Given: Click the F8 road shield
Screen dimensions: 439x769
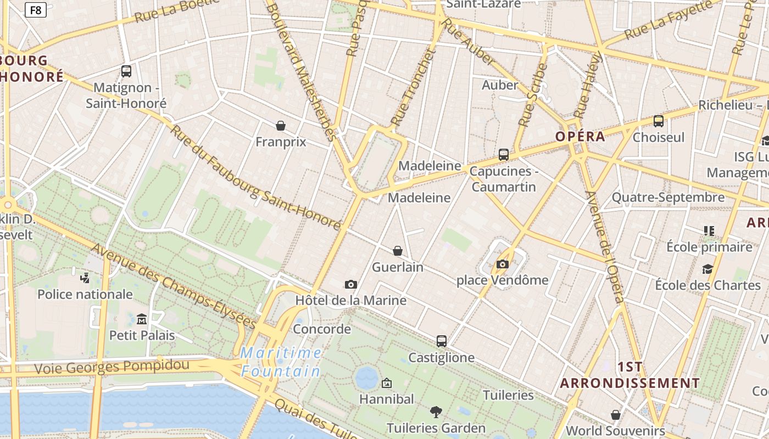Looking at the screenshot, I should [x=36, y=10].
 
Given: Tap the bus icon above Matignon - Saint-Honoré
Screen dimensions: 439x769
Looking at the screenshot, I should [x=126, y=71].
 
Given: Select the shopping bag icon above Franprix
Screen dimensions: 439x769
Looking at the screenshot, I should [x=281, y=126].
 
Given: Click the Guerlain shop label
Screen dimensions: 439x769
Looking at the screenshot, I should [x=398, y=267].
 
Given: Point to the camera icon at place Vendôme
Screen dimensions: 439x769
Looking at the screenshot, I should [x=502, y=264].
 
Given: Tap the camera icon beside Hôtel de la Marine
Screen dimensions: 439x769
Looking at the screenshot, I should [x=351, y=284].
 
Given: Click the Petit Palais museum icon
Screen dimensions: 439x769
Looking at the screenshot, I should [x=142, y=319].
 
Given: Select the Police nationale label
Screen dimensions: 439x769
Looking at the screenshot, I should [x=85, y=294].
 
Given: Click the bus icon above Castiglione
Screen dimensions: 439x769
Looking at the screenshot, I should [x=442, y=341].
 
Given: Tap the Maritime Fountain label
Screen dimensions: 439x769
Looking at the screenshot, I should [x=281, y=362].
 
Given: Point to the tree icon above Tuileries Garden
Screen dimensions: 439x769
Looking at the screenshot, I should [x=436, y=412].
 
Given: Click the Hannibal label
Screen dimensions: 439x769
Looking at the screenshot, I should [x=387, y=399].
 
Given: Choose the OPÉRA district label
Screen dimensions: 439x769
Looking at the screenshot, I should [x=580, y=137].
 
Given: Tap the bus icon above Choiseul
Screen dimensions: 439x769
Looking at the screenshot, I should [x=658, y=121].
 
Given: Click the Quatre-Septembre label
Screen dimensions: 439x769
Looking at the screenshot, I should [x=668, y=197].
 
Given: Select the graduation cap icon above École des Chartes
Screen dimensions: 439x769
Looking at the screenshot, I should [x=707, y=269].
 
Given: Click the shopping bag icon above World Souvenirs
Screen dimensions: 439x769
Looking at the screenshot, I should [x=616, y=415].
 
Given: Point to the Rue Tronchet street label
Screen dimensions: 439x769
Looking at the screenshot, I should [x=412, y=87].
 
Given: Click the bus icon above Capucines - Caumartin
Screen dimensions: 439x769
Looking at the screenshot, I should [x=504, y=155].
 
